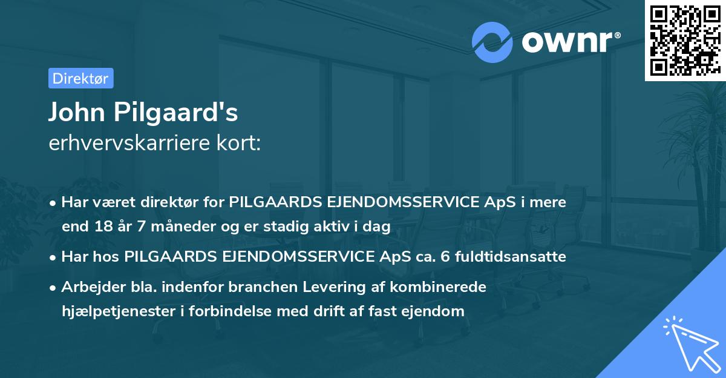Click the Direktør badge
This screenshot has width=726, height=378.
(x=80, y=78)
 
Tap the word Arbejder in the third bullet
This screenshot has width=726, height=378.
(x=88, y=287)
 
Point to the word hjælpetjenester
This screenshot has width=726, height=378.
(x=116, y=311)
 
